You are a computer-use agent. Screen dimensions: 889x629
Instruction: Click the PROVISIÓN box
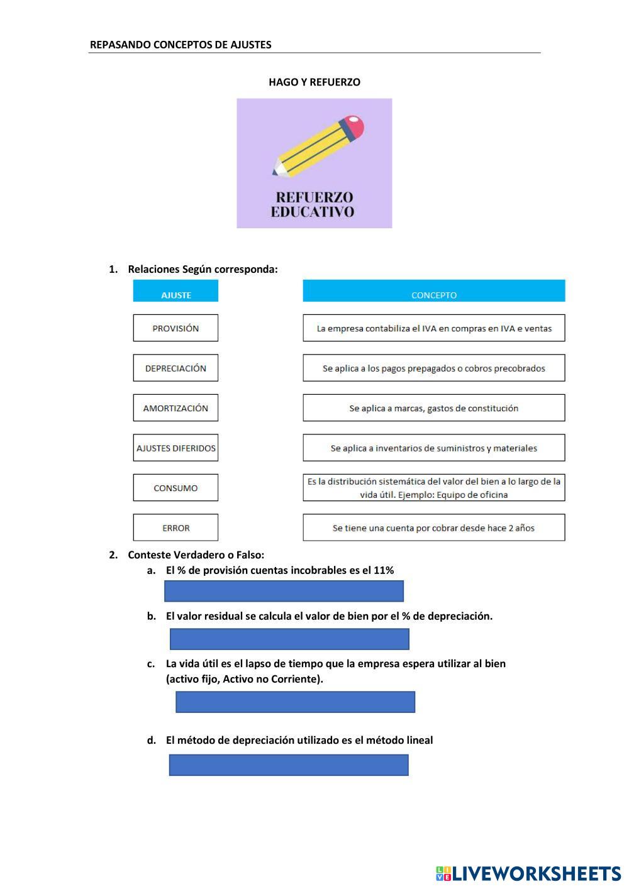175,328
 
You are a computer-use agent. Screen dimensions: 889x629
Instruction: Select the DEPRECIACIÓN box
175,368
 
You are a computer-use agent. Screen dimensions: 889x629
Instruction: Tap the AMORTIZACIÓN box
175,408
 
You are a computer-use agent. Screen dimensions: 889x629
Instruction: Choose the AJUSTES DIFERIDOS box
175,448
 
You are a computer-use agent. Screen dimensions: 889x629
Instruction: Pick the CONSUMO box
175,488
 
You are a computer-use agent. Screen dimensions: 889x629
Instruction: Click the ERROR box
175,527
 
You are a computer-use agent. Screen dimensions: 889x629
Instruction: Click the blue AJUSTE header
175,291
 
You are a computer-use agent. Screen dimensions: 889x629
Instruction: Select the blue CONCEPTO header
433,291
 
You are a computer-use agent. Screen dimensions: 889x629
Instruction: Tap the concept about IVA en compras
433,328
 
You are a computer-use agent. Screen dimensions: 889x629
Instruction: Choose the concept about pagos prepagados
433,368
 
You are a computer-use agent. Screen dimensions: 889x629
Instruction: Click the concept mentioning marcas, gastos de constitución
433,408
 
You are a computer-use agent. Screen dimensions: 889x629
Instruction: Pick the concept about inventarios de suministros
433,448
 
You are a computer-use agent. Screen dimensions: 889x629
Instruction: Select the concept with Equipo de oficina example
433,488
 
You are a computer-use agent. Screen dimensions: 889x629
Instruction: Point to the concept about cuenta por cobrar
433,527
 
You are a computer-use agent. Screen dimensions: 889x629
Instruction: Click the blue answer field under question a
284,591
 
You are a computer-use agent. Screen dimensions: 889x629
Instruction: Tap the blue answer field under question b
289,639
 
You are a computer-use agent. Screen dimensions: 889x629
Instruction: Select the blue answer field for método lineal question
289,765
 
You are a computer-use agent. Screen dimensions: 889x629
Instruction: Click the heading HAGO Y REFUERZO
314,82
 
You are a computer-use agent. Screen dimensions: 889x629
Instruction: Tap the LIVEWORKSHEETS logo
528,873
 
